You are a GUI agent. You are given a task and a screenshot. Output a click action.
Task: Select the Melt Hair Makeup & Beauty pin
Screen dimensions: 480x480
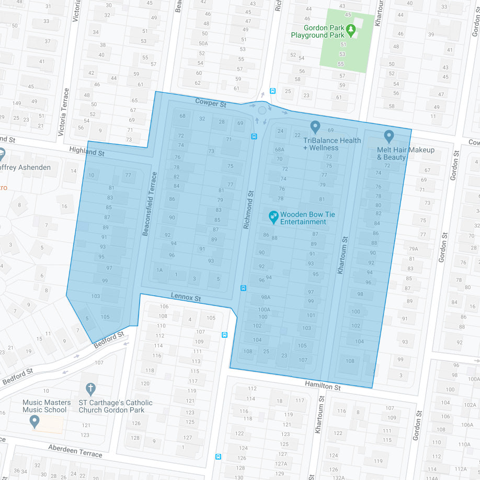click(388, 136)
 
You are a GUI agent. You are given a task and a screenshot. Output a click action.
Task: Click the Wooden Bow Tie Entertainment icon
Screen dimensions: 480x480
click(273, 216)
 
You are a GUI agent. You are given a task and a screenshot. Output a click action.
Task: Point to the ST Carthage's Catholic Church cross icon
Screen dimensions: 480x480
click(90, 390)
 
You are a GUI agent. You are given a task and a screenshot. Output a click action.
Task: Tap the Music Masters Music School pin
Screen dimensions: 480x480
click(35, 421)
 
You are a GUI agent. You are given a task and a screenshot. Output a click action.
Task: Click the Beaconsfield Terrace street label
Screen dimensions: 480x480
click(150, 203)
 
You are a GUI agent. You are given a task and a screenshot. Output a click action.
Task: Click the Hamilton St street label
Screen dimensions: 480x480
click(323, 386)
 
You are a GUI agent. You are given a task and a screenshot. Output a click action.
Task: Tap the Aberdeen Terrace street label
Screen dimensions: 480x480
click(75, 451)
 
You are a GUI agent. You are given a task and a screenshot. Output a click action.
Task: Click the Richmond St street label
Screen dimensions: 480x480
click(248, 209)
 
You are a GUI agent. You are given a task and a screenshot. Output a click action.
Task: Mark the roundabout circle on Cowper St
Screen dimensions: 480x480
click(262, 110)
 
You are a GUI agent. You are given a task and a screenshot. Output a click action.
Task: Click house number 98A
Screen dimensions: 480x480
click(266, 297)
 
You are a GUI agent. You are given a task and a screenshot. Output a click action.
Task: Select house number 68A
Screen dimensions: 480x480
click(279, 150)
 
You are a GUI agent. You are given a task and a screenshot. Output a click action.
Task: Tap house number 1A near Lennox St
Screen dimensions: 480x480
click(159, 270)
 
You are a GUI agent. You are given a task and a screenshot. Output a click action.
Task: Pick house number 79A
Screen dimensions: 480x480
click(414, 249)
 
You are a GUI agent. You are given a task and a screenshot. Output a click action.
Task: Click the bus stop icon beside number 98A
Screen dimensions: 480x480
click(243, 288)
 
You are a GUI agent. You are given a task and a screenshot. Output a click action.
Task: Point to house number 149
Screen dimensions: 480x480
click(17, 103)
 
